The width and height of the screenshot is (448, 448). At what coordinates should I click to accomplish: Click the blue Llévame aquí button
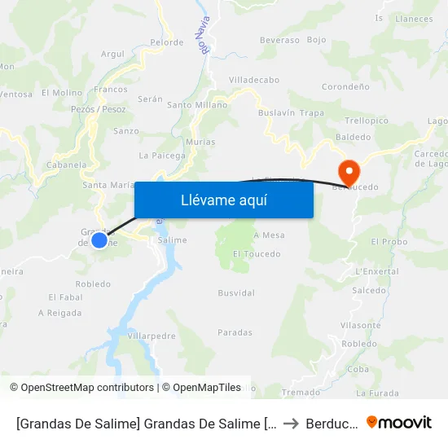[223, 200]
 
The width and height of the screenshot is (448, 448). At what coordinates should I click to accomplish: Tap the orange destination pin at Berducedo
[349, 169]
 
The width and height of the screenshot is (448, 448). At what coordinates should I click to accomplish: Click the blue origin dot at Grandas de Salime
[99, 239]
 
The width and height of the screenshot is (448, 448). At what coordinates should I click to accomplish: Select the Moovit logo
[399, 422]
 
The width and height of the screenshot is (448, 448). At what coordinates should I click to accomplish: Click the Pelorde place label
[167, 42]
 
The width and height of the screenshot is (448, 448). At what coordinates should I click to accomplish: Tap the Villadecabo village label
[254, 80]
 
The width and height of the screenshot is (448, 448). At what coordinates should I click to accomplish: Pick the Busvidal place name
[236, 292]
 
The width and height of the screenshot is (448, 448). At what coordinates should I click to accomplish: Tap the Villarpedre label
[152, 335]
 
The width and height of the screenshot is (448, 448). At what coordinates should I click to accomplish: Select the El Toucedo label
[257, 254]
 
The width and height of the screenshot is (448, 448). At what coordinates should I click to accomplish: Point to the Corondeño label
[346, 86]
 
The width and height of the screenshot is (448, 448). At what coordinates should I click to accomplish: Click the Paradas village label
[235, 332]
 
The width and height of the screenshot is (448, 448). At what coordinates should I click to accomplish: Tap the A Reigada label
[59, 312]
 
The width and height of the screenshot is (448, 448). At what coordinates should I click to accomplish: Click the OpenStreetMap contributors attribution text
[82, 388]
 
